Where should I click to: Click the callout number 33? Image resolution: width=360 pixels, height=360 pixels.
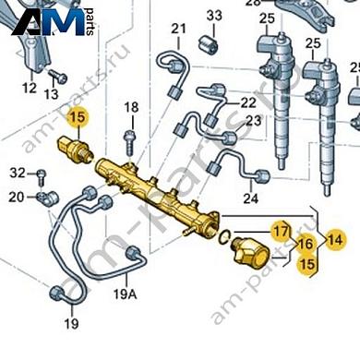(x=214, y=17)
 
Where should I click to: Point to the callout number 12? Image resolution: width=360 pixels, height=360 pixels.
(x=30, y=89)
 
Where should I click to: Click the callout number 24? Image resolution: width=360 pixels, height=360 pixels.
(x=250, y=198)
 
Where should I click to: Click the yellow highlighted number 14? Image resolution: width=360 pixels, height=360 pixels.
(x=334, y=238)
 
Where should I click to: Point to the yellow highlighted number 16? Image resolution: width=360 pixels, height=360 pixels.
(x=305, y=244)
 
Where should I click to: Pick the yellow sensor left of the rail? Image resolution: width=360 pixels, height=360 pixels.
(x=76, y=148)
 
